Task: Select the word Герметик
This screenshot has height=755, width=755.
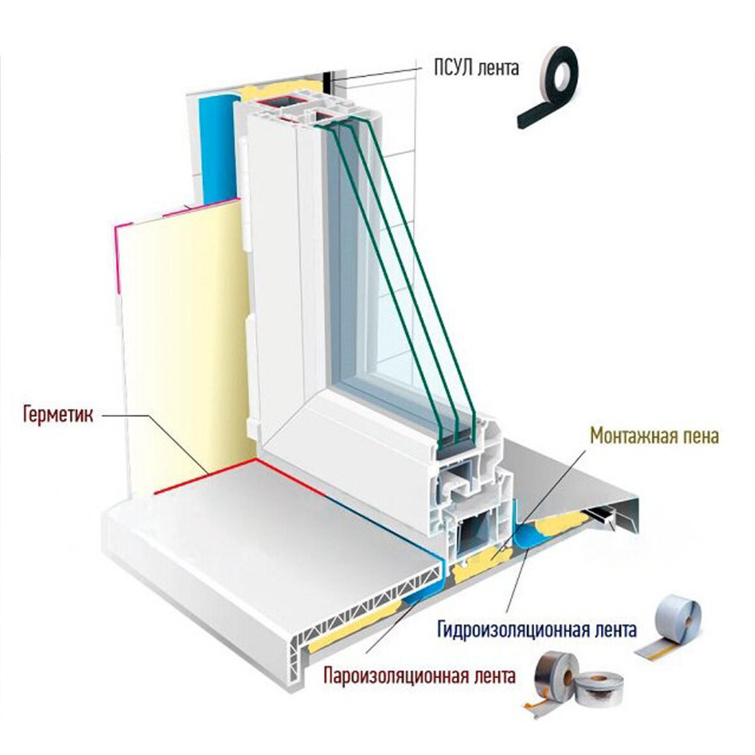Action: tap(57, 415)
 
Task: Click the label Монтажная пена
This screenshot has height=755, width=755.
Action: tap(654, 436)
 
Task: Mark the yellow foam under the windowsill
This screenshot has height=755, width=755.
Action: tap(352, 620)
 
